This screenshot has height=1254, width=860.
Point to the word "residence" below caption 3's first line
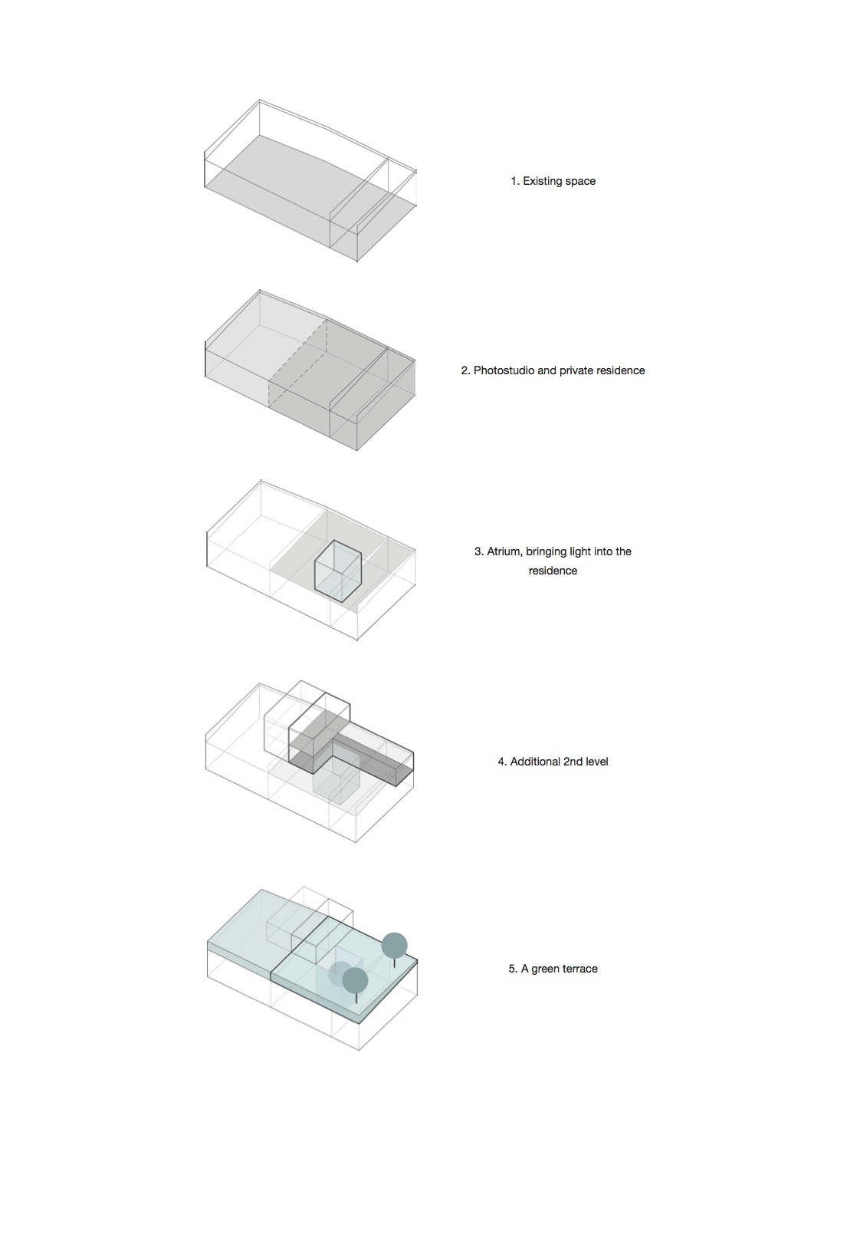coord(553,571)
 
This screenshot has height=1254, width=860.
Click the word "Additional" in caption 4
coord(535,762)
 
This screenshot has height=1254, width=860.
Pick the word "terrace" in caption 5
coord(579,969)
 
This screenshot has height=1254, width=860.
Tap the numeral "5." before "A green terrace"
coord(513,969)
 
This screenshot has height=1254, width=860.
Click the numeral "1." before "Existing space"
coord(515,181)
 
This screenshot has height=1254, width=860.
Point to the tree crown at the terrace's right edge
coord(395,946)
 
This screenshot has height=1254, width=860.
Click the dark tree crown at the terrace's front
coord(356,980)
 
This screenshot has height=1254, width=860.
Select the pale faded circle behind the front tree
coord(337,973)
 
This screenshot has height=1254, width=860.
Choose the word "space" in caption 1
coord(580,182)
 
